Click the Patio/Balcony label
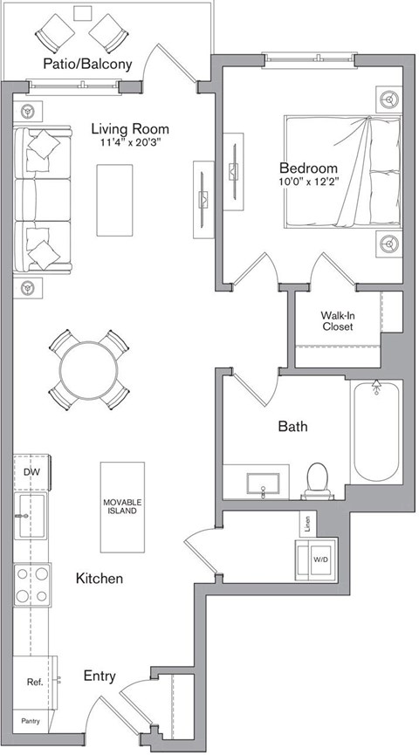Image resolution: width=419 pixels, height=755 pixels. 91,64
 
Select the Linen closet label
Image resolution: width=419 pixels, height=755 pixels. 306,524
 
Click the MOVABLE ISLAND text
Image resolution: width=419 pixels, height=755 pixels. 122,507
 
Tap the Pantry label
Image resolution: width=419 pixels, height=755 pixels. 31,721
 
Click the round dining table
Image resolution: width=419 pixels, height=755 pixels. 91,369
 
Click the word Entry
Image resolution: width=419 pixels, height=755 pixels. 100,676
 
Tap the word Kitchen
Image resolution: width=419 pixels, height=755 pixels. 99,579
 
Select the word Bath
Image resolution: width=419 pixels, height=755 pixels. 292,427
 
